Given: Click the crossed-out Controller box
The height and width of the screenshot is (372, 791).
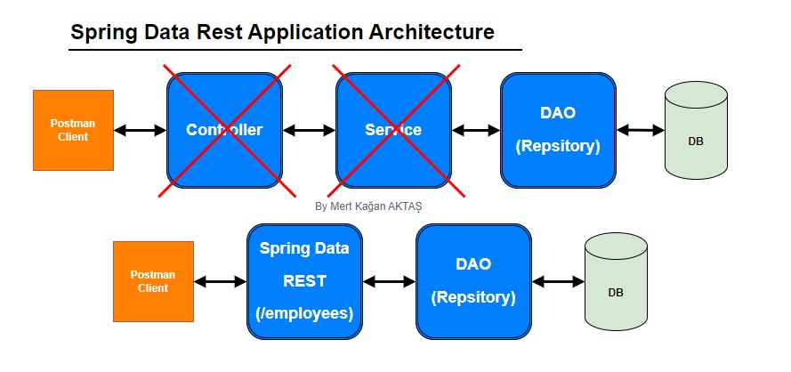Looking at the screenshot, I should click(x=224, y=129).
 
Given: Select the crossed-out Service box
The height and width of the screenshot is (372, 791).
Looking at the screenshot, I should click(x=393, y=129).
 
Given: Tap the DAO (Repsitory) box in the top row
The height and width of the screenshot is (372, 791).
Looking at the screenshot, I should click(x=558, y=129).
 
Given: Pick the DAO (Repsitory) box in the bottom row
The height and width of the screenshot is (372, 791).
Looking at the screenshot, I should click(x=473, y=280).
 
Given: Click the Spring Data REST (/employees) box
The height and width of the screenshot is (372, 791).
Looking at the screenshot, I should click(x=304, y=280).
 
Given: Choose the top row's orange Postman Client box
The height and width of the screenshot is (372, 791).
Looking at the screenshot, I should click(x=73, y=130).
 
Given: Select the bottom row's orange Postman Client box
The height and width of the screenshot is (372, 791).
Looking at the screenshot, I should click(x=153, y=281).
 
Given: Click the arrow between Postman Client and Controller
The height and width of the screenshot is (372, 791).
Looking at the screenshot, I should click(x=141, y=131).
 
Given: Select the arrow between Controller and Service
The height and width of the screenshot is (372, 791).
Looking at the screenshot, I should click(x=309, y=131).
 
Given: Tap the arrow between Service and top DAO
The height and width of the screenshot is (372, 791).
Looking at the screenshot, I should click(x=476, y=131).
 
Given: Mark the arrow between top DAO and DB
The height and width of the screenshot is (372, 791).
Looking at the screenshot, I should click(x=641, y=131).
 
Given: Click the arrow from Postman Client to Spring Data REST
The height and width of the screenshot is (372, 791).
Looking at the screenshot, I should click(x=220, y=282).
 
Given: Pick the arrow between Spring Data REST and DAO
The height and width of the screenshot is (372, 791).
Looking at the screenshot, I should click(x=390, y=282).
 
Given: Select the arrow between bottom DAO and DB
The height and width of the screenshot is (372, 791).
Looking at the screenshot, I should click(x=558, y=282).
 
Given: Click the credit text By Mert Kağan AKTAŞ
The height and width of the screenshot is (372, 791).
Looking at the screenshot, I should click(x=368, y=206).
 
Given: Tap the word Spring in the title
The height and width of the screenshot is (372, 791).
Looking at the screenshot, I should click(x=101, y=34).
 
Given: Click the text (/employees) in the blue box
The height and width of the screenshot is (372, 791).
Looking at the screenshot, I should click(x=305, y=313).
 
